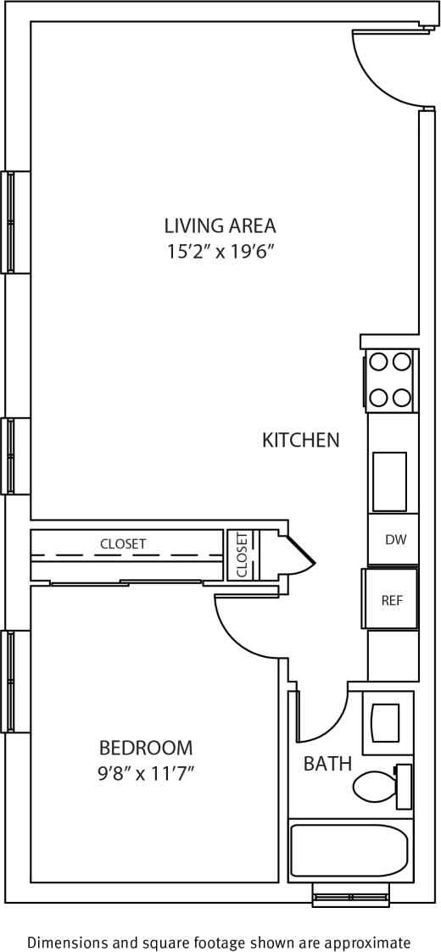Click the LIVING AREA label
[x=220, y=225]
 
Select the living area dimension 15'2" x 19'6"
[x=220, y=252]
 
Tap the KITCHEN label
[x=300, y=440]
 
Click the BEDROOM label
[x=146, y=748]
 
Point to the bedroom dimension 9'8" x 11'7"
[x=146, y=773]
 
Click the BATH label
[x=327, y=764]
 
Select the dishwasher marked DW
[x=393, y=540]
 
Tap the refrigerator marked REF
[x=391, y=600]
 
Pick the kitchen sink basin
[x=389, y=482]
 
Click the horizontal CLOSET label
[x=123, y=543]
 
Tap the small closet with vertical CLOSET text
[x=241, y=555]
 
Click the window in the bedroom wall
[x=11, y=681]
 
